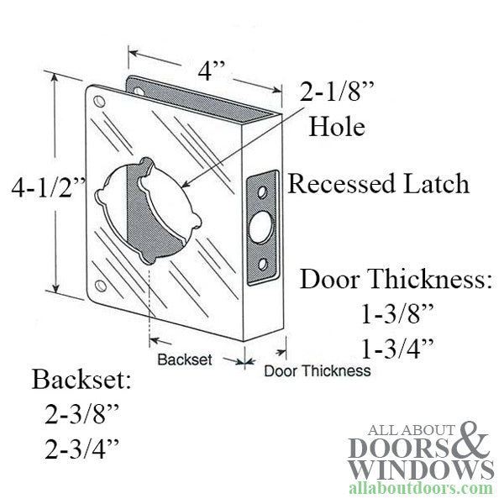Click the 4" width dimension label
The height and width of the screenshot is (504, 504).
(211, 71)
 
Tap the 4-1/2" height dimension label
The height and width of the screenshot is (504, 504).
(49, 187)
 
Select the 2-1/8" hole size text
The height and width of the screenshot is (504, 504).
(337, 92)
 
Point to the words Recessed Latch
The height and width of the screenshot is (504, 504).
(378, 183)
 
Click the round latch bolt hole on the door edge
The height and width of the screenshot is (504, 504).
(260, 227)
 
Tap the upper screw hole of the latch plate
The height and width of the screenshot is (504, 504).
(263, 192)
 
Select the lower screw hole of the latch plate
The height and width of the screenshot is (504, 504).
(263, 265)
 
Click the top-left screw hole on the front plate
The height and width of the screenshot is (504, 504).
(99, 102)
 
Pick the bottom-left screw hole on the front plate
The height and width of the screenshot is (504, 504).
(101, 286)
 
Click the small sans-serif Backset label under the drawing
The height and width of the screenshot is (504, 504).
(185, 360)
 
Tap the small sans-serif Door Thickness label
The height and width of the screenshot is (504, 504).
(318, 371)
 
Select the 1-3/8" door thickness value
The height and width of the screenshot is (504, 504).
(397, 314)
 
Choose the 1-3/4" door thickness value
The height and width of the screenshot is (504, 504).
(397, 349)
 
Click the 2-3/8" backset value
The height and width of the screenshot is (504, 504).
(81, 413)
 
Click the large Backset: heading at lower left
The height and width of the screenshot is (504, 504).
(81, 379)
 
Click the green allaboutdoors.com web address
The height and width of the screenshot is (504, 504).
(421, 488)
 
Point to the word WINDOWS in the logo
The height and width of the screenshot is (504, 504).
(421, 470)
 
